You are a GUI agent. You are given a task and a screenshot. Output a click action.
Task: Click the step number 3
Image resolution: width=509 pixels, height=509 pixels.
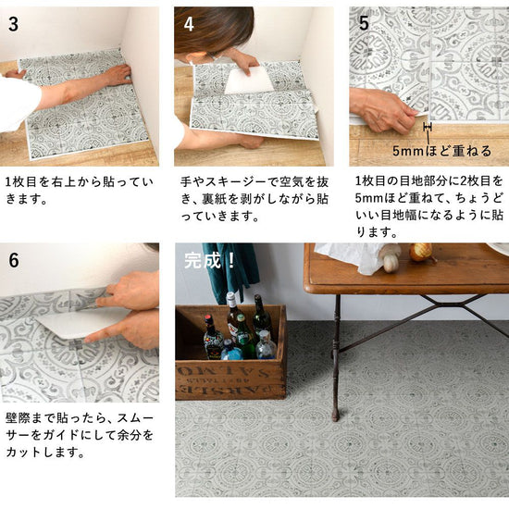[x=13, y=24]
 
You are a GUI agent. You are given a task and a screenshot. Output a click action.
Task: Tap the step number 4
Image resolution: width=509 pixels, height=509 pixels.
[x=189, y=24]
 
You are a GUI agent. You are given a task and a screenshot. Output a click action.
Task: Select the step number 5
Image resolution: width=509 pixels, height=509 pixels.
[x=364, y=23]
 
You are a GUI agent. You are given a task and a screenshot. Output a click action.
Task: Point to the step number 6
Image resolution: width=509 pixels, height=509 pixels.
[x=14, y=260]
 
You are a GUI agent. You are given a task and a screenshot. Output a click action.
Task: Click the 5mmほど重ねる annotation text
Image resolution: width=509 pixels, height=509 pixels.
[x=441, y=151]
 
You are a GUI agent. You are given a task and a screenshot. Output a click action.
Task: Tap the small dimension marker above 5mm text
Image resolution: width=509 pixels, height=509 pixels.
[x=428, y=127]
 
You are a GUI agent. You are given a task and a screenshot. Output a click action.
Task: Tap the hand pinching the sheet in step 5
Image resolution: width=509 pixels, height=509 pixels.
[x=384, y=111]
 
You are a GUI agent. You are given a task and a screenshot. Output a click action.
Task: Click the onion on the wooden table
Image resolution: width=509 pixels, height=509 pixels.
[x=421, y=252]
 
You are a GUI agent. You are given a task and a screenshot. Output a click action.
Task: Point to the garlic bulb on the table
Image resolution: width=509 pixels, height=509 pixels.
[x=391, y=260]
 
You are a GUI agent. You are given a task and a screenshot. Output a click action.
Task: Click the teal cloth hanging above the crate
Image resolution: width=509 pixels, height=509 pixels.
[x=232, y=269]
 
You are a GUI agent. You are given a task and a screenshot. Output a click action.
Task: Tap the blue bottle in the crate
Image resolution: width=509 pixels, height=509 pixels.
[x=231, y=351]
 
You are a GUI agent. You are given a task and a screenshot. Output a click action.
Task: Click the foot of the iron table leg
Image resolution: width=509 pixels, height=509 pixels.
[x=335, y=416]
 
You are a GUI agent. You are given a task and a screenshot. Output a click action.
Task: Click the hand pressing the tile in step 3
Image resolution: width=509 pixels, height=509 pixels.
[x=117, y=75]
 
